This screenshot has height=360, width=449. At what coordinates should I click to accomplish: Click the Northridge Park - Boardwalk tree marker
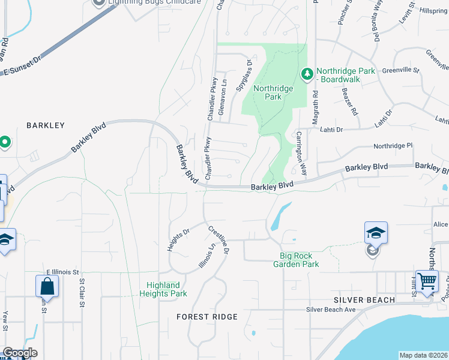pos(307,74)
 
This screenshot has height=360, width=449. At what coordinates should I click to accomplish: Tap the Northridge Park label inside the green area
pos(273,92)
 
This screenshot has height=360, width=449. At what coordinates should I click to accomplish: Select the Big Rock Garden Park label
pos(296,260)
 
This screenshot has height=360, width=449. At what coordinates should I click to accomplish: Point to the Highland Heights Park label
pos(163,289)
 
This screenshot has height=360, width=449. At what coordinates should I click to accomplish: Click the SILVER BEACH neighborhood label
pos(364,299)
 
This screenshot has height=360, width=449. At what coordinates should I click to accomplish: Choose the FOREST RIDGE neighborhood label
pos(208,316)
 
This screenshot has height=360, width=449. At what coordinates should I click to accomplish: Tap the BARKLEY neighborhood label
pos(45,125)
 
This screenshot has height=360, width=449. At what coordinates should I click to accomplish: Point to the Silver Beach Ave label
pos(331,310)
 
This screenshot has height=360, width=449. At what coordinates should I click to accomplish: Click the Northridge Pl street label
pos(393,146)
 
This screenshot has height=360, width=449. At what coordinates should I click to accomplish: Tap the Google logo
pos(19,353)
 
